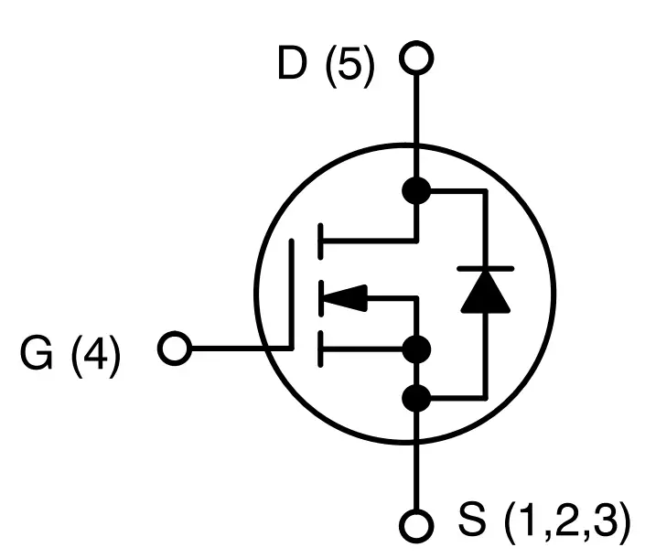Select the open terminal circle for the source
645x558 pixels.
416,526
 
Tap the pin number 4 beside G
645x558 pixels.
95,355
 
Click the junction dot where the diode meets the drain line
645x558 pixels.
416,190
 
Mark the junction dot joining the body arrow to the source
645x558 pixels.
416,349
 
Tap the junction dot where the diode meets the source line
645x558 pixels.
416,398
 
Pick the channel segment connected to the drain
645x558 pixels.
319,241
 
